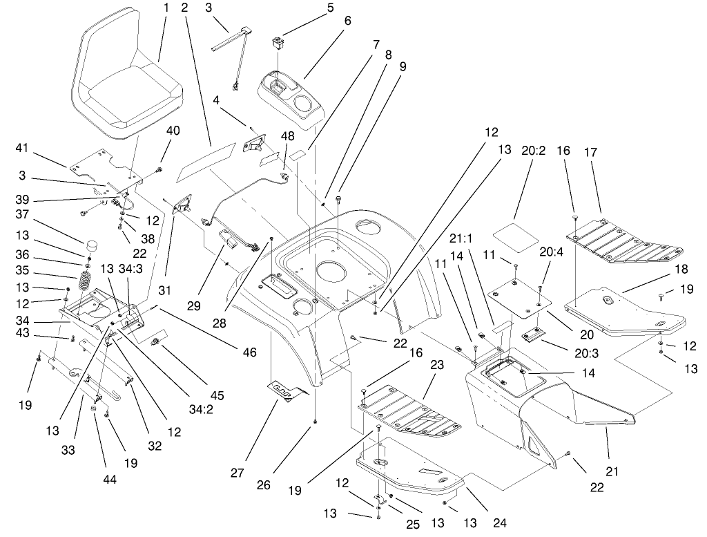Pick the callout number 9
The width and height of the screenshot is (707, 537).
(403, 67)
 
